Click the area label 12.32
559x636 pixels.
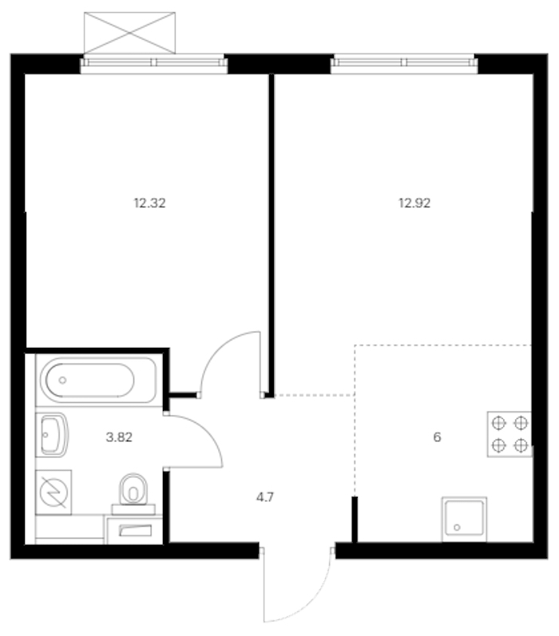tap(150, 203)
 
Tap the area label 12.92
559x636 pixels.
tap(414, 203)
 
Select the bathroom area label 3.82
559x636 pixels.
tap(119, 437)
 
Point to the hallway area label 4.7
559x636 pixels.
tap(265, 497)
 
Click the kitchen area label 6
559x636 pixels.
tap(437, 437)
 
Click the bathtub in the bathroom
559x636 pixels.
tap(96, 380)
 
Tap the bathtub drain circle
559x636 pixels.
tap(62, 380)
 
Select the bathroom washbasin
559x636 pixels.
tap(52, 435)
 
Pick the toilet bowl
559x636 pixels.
tap(133, 490)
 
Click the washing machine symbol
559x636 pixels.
tap(54, 492)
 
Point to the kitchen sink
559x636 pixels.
tap(465, 519)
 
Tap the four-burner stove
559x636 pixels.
tap(509, 434)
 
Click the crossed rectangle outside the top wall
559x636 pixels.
tap(130, 33)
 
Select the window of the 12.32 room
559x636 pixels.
tap(154, 64)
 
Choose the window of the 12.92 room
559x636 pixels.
tap(404, 64)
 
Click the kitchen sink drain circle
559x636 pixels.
tap(457, 527)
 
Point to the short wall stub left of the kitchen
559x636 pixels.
tap(355, 519)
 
